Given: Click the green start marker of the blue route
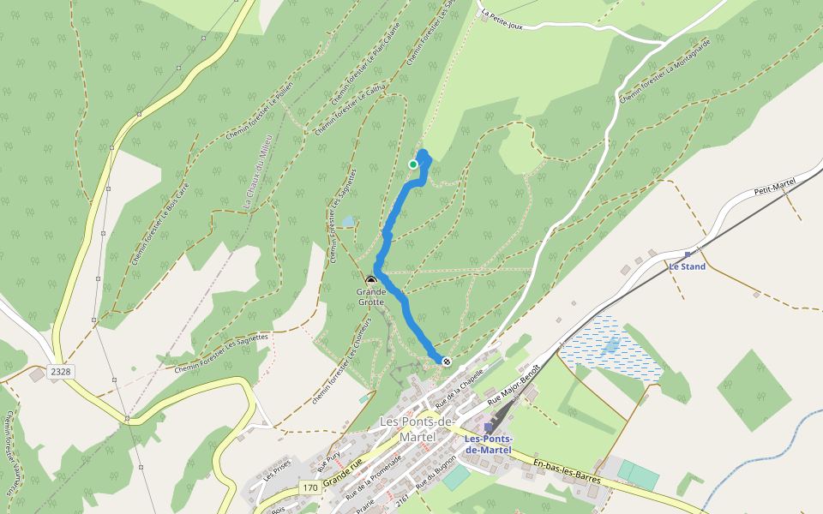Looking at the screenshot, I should point(413,164).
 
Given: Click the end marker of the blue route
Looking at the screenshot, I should point(447,361).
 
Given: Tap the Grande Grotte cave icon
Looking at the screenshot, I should point(371,280).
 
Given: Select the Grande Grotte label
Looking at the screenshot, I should point(371,296).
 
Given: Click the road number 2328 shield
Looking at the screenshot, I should point(59,372).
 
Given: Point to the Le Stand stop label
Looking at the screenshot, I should point(688,266).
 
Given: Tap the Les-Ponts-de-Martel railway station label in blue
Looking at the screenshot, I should point(488,445).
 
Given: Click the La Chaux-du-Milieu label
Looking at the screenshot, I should point(257,171).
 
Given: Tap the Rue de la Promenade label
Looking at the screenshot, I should point(373,476).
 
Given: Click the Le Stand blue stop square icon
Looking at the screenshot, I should point(688,254).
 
